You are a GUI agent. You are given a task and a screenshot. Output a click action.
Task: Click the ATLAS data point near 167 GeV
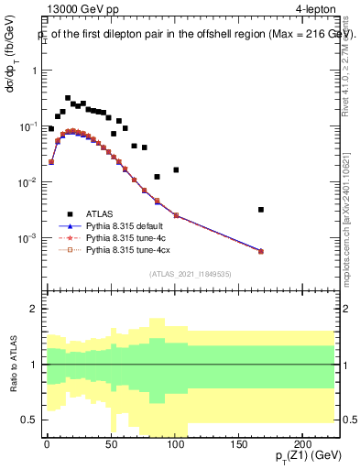261,210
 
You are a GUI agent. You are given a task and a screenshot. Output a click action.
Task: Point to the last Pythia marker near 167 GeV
261,251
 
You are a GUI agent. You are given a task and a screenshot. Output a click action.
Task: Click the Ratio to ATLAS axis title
12,364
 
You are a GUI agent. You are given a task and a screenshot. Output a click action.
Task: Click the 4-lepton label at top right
317,10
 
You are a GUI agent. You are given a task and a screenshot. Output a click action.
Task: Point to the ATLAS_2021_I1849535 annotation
191,274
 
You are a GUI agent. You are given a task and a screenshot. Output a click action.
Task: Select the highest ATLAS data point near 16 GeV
68,98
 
